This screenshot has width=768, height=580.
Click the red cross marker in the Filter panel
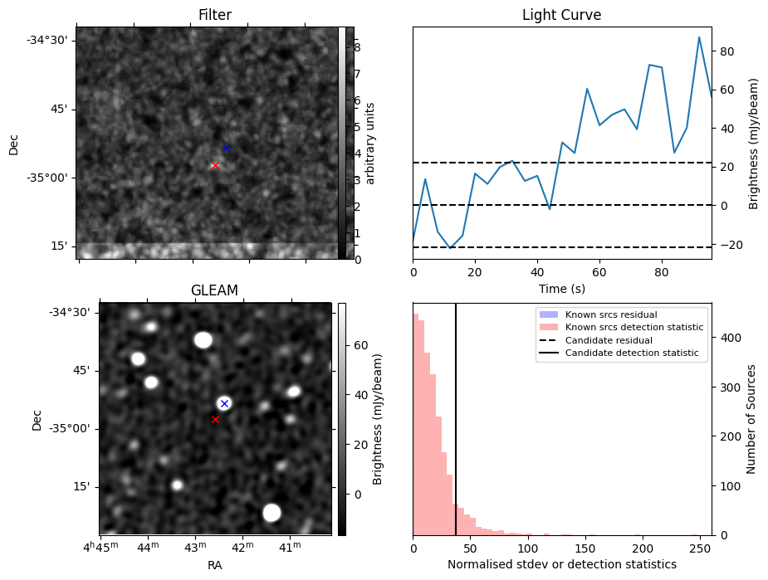[215, 165]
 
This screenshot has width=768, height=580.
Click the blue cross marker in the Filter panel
[226, 148]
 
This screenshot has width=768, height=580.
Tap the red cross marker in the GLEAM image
[215, 420]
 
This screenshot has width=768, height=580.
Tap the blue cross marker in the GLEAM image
[224, 404]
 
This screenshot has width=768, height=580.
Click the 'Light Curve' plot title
[562, 15]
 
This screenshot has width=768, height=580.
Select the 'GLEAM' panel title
[214, 290]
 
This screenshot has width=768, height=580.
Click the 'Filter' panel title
[214, 15]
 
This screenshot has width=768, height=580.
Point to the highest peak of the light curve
[699, 37]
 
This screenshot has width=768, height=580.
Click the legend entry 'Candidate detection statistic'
[632, 353]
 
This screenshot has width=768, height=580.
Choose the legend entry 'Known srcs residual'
[611, 314]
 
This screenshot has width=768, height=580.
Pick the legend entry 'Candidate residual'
[609, 340]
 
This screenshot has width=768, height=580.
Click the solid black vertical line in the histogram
[456, 420]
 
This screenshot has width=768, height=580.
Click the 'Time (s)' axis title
[562, 289]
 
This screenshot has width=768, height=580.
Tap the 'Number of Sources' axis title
[751, 420]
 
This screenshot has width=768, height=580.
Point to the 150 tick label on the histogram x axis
[585, 549]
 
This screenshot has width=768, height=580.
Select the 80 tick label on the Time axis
[661, 273]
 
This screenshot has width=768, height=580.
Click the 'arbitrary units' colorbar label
[369, 143]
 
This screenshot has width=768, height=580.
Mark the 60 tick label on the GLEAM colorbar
[360, 345]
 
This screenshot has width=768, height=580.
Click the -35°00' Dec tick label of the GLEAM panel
[70, 429]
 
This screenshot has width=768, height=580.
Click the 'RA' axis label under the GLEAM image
[214, 565]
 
